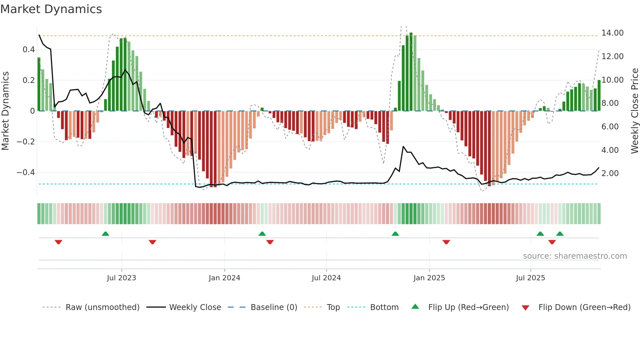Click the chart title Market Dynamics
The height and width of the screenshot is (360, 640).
click(51, 9)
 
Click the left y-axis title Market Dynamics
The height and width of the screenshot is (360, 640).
click(5, 111)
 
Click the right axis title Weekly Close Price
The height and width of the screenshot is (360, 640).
click(634, 111)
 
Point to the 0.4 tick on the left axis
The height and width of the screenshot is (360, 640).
click(28, 50)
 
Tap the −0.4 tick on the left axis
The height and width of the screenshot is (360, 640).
click(26, 172)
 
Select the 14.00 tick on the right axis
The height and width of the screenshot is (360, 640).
click(612, 33)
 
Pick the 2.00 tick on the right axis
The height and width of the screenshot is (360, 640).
click(610, 173)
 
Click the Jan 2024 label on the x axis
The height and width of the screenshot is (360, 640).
click(224, 278)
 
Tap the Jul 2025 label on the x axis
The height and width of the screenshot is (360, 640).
click(530, 278)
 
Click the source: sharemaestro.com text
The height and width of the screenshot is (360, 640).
click(575, 256)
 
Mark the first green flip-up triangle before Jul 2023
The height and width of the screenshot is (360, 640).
click(105, 234)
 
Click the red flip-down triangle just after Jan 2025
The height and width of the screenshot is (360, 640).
click(446, 242)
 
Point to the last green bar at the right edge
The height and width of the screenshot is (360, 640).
click(599, 95)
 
